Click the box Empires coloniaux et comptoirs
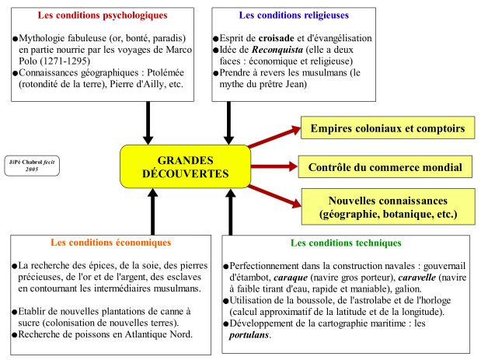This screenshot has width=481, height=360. click(387, 128)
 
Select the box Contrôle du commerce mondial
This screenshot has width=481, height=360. click(385, 166)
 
